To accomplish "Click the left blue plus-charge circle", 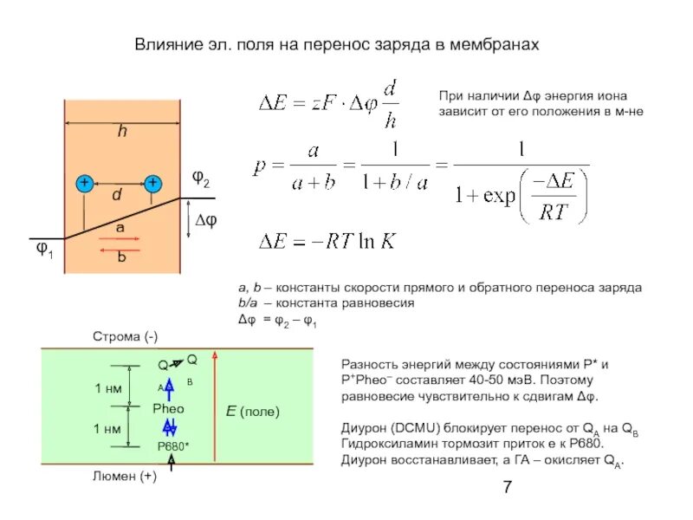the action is click(84, 184).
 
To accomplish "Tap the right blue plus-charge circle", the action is click(152, 184).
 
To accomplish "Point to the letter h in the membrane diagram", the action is click(122, 133).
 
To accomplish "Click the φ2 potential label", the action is click(201, 181).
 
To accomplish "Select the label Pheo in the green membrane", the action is click(169, 407).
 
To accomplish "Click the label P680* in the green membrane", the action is click(173, 445).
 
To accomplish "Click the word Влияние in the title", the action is click(166, 43).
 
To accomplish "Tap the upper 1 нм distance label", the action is click(107, 389).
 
